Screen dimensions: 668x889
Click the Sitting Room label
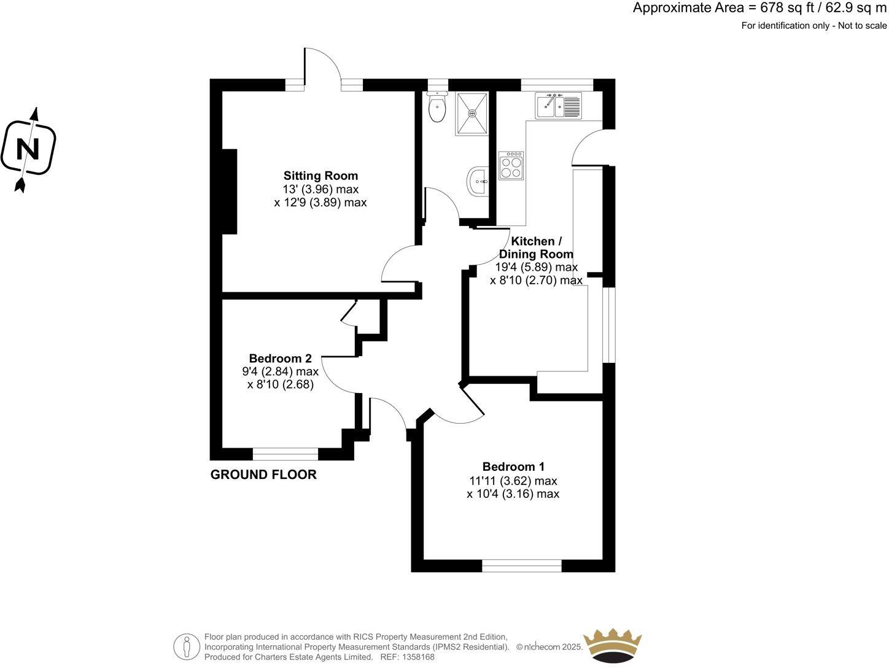(x=320, y=176)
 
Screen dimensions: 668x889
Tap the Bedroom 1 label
(x=513, y=467)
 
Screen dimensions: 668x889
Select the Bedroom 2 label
(x=280, y=359)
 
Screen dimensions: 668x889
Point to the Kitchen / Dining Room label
(x=536, y=247)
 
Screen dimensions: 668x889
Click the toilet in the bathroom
(x=437, y=109)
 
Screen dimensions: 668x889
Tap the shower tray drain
(x=472, y=113)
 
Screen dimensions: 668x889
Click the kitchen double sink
(x=558, y=106)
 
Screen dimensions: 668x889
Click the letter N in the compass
(x=28, y=149)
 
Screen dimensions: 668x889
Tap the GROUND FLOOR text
(x=263, y=475)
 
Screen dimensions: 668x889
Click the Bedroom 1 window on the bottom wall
(x=521, y=565)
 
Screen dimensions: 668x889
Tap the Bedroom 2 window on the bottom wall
(x=285, y=454)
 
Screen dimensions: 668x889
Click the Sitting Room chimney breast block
(x=229, y=191)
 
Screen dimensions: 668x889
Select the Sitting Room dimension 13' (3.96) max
(x=320, y=190)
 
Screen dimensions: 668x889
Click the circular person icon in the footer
(x=187, y=647)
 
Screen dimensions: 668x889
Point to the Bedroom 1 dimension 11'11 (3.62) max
(x=513, y=481)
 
